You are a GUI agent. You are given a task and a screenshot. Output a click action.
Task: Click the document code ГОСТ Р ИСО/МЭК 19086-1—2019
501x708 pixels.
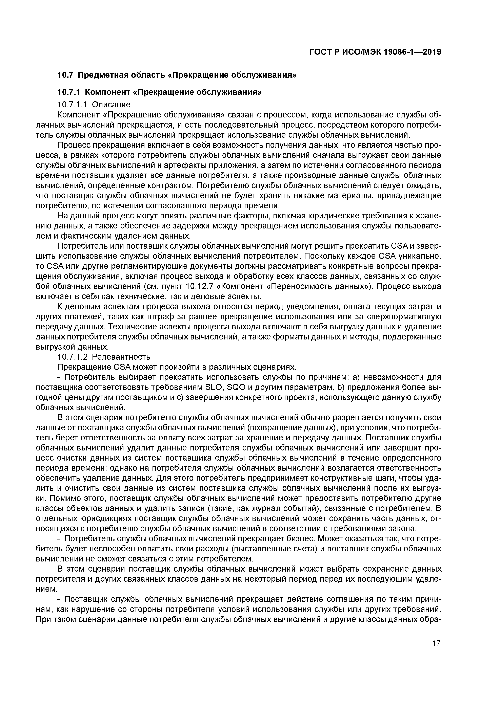375,52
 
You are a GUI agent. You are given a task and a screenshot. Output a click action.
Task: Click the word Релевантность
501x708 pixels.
121,357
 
